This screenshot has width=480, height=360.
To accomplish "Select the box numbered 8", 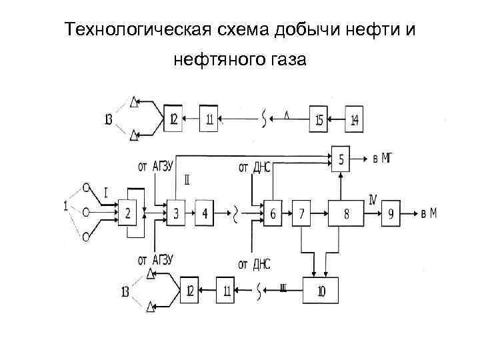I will (345, 213).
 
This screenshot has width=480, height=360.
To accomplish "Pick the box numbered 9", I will (391, 213).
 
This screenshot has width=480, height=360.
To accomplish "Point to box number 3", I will (176, 213).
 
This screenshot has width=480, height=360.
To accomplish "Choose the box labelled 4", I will (205, 213).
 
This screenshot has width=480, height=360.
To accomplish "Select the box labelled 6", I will (273, 213).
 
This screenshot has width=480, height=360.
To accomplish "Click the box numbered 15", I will (319, 120).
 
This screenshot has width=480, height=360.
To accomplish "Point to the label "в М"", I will (429, 213).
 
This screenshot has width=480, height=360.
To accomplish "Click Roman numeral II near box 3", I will (187, 180).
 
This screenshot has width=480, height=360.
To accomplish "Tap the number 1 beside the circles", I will (66, 207).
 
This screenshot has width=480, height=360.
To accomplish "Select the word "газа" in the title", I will (285, 61).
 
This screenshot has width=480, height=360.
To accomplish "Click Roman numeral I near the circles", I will (105, 194).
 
